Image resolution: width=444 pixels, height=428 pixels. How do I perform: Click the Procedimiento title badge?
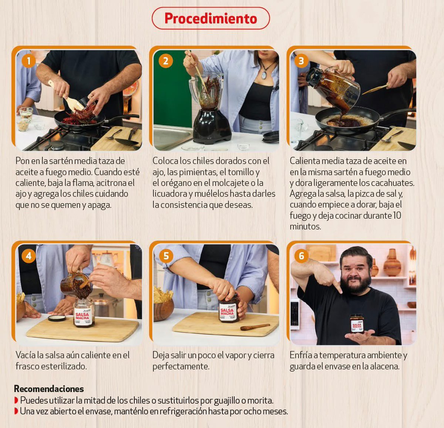(x=211, y=18)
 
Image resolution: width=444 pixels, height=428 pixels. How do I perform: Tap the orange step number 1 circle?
(x=28, y=61)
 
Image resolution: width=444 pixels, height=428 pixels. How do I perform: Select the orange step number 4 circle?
(x=28, y=256)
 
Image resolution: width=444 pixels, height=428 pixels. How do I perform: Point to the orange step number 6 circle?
(x=302, y=256)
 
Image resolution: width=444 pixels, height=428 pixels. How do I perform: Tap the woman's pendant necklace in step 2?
(x=264, y=74)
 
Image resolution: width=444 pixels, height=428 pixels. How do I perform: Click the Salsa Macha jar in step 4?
(x=83, y=313)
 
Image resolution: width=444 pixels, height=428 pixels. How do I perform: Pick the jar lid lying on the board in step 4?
(x=57, y=318)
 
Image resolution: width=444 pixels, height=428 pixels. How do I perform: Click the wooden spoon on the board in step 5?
(x=255, y=327)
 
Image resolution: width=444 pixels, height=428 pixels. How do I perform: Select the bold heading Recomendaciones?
(x=49, y=389)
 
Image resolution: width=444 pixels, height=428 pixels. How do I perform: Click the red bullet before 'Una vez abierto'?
(x=16, y=411)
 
